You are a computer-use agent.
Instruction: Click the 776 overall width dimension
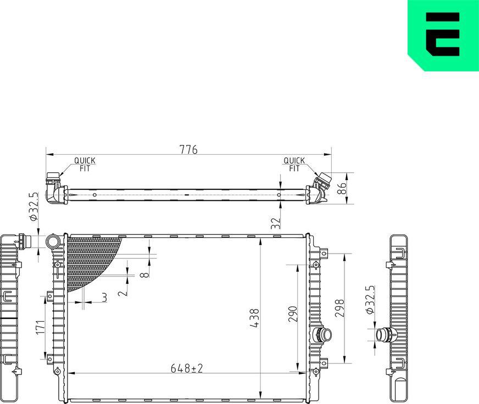pyautogui.click(x=188, y=149)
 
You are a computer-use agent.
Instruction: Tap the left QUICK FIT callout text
pyautogui.click(x=85, y=165)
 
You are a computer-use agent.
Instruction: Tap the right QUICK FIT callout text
pyautogui.click(x=294, y=165)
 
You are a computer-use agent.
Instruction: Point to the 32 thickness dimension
pyautogui.click(x=276, y=222)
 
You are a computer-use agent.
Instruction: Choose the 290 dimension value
pyautogui.click(x=292, y=314)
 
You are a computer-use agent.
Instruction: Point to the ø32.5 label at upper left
pyautogui.click(x=34, y=206)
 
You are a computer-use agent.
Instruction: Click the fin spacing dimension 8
pyautogui.click(x=144, y=273)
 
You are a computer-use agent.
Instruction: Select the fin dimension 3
pyautogui.click(x=104, y=298)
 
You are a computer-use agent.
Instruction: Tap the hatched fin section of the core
pyautogui.click(x=88, y=258)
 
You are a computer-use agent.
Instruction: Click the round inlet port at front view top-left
pyautogui.click(x=54, y=242)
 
